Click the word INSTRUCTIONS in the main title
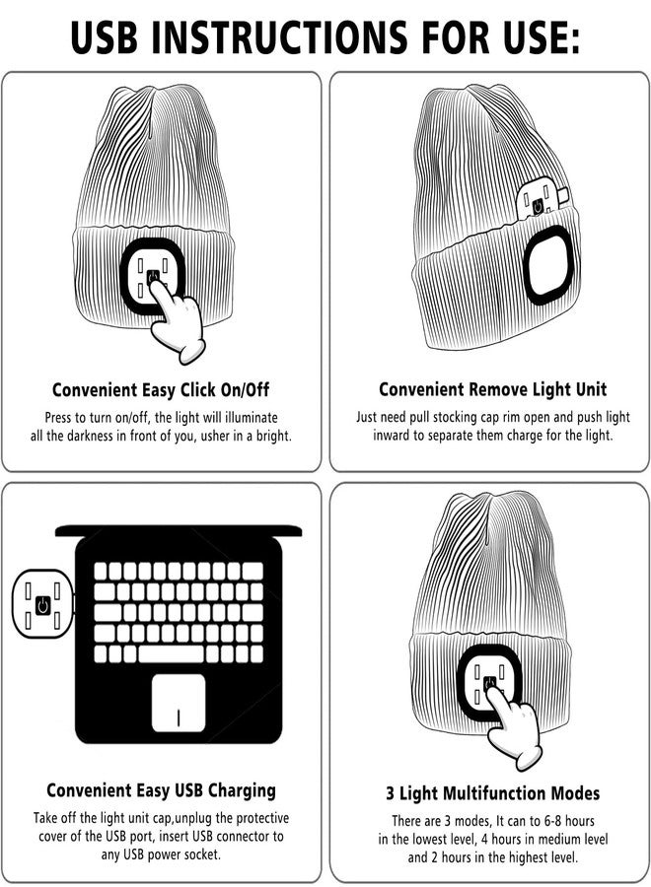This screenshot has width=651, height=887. [x=279, y=37]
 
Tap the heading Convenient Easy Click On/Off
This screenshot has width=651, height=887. [x=161, y=389]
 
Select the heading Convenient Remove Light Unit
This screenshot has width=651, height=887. [x=492, y=389]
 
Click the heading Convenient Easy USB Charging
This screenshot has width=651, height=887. [x=162, y=790]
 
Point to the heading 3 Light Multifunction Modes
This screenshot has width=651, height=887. [x=492, y=793]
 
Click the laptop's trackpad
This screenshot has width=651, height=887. [x=179, y=703]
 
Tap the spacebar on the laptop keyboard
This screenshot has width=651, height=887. [x=171, y=654]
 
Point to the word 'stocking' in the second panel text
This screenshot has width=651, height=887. [x=455, y=418]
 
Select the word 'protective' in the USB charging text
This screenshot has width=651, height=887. [x=262, y=819]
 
